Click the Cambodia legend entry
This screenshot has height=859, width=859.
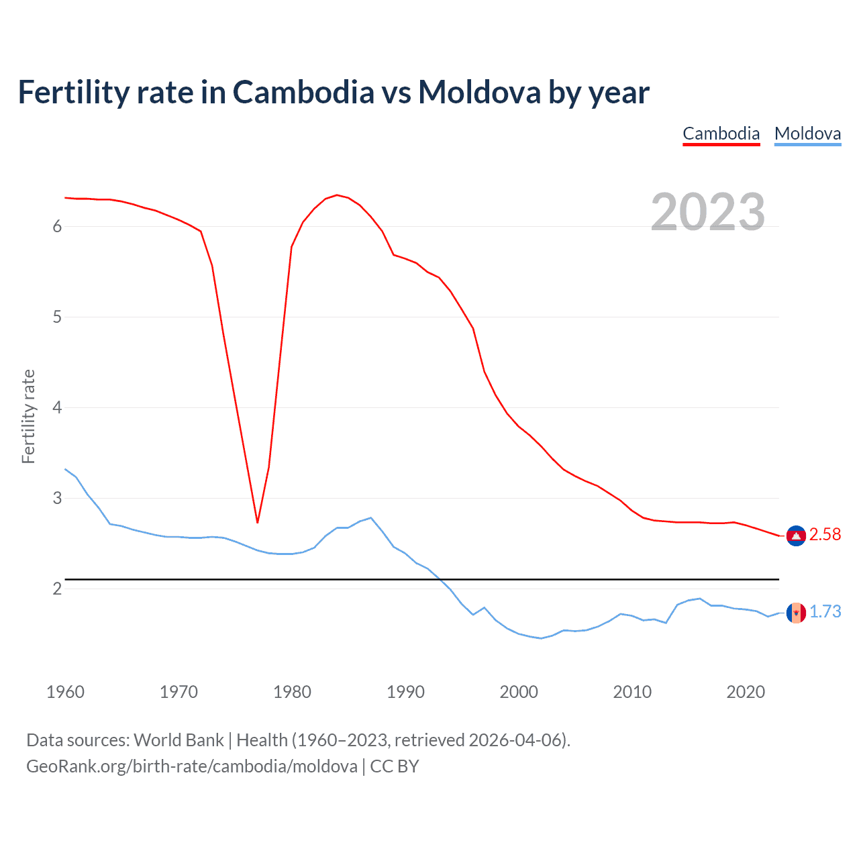pos(721,134)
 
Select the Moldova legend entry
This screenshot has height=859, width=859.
pos(807,134)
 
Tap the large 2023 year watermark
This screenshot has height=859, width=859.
pos(707,212)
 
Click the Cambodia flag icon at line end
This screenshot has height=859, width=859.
pos(796,536)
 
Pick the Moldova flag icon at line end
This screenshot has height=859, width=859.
pos(796,612)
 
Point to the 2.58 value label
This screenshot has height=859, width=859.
pos(825,535)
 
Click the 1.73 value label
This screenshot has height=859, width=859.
pos(825,612)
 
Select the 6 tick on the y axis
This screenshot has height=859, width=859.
pos(57,227)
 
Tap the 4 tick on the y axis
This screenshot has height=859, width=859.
pos(57,408)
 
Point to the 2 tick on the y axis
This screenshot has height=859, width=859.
pos(57,589)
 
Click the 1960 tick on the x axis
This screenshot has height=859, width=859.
pos(65,692)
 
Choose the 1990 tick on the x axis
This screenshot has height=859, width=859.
pos(405,692)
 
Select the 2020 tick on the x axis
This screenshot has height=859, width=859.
pos(746,692)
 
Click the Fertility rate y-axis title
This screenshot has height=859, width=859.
pos(28,416)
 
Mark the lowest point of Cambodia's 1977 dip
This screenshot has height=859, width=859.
pos(257,522)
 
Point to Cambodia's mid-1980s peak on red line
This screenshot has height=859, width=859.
pos(336,195)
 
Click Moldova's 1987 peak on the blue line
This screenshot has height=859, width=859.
pos(371,517)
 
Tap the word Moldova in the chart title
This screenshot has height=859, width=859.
pos(479,92)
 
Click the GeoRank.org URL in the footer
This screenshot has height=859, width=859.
pos(191,766)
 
